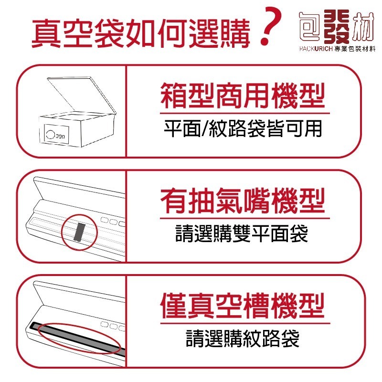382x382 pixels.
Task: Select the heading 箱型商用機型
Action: tap(242, 95)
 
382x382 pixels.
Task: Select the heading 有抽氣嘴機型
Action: tap(242, 201)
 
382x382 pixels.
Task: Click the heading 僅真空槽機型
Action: tap(242, 306)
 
